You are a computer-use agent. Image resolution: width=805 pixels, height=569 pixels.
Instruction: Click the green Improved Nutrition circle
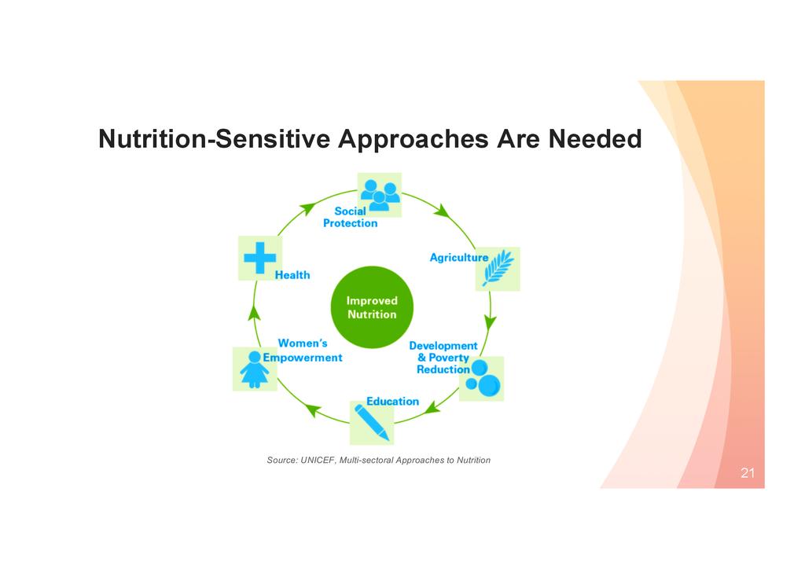pos(372,307)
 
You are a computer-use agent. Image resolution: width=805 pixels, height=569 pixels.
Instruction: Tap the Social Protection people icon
pos(380,194)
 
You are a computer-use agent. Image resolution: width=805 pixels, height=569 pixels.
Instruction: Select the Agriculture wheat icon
pos(498,269)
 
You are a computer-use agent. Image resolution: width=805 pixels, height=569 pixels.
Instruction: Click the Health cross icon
pos(260,258)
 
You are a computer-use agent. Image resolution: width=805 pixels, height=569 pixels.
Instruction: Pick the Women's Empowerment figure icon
pos(255,369)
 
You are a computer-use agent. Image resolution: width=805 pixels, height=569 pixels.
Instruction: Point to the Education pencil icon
pos(372,422)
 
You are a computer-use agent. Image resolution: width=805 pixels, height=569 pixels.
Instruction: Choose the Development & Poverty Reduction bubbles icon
pos(481,378)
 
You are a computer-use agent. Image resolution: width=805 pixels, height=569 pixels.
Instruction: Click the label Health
pos(292,275)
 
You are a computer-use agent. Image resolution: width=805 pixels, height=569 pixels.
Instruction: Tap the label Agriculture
pos(458,257)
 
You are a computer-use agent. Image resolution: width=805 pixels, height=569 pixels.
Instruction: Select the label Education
pos(392,401)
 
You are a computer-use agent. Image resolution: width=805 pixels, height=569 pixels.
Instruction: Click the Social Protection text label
pos(350,217)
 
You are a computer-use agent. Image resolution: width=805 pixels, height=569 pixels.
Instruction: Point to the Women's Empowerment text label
pos(303,351)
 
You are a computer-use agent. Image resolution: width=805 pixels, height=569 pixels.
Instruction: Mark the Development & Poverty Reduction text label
pos(443,358)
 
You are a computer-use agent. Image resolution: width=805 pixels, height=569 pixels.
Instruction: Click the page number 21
pos(747,473)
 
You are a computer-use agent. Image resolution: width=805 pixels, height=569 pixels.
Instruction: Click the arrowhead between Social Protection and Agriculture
pos(442,211)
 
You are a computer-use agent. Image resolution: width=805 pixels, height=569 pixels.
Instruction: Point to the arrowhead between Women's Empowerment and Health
pos(253,313)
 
